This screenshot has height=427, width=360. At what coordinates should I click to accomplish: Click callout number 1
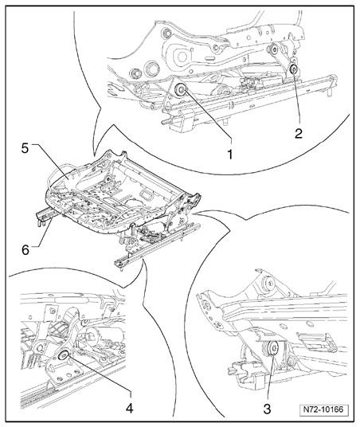click(x=230, y=154)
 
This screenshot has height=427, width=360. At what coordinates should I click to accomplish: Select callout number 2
click(x=299, y=134)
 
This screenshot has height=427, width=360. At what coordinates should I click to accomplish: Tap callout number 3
click(x=267, y=409)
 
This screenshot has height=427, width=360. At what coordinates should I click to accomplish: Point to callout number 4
click(x=129, y=408)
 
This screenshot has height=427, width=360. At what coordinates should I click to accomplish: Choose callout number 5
click(x=25, y=148)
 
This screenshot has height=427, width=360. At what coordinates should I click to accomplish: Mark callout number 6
click(x=25, y=249)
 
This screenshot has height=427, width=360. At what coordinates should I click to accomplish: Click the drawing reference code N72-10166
click(x=323, y=409)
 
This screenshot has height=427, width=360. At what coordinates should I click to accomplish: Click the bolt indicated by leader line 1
click(x=180, y=89)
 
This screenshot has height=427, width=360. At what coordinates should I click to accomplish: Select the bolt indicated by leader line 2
click(x=294, y=69)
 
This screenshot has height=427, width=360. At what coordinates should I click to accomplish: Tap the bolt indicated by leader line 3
click(x=272, y=348)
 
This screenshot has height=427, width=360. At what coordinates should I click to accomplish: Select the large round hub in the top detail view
click(x=181, y=57)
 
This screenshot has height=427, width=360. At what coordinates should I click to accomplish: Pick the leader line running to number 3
click(x=271, y=377)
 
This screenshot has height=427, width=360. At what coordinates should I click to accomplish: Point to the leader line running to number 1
click(x=208, y=116)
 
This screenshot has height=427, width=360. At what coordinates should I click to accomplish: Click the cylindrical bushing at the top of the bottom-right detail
click(x=268, y=284)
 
